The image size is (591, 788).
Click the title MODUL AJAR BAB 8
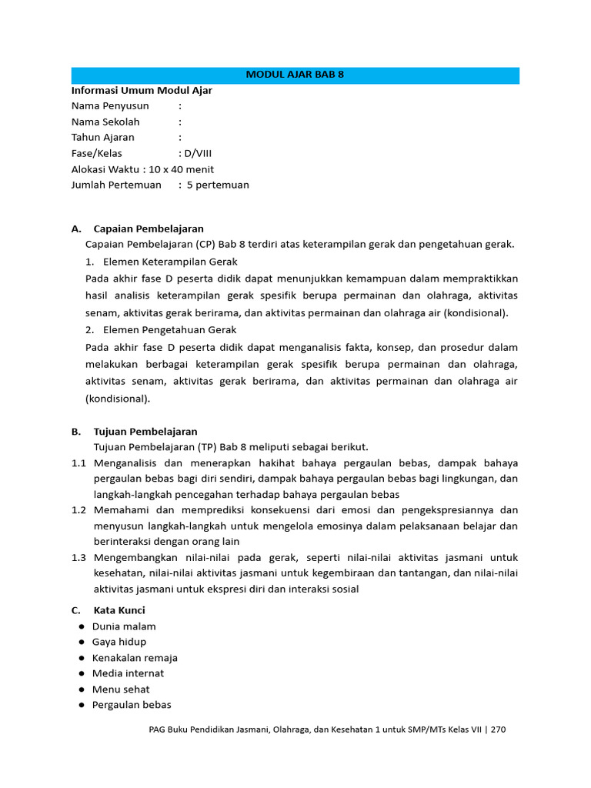[x=295, y=75]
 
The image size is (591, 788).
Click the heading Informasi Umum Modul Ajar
[x=142, y=90]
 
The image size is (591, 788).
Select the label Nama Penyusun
[x=110, y=106]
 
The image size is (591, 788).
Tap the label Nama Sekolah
[x=105, y=122]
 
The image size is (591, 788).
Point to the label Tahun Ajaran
[x=102, y=138]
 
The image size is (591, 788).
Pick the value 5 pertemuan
[x=218, y=185]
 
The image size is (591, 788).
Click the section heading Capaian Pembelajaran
[x=149, y=229]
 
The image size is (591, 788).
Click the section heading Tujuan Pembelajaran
[x=145, y=432]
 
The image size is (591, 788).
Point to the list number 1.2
[x=78, y=510]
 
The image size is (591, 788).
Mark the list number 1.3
[x=78, y=557]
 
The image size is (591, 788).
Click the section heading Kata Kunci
[x=119, y=610]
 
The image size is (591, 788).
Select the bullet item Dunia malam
[x=124, y=626]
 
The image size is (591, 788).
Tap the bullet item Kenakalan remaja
[x=135, y=658]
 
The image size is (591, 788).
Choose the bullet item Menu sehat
[x=121, y=689]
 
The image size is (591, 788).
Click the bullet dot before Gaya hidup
[x=82, y=643]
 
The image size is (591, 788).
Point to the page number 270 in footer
[x=497, y=730]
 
